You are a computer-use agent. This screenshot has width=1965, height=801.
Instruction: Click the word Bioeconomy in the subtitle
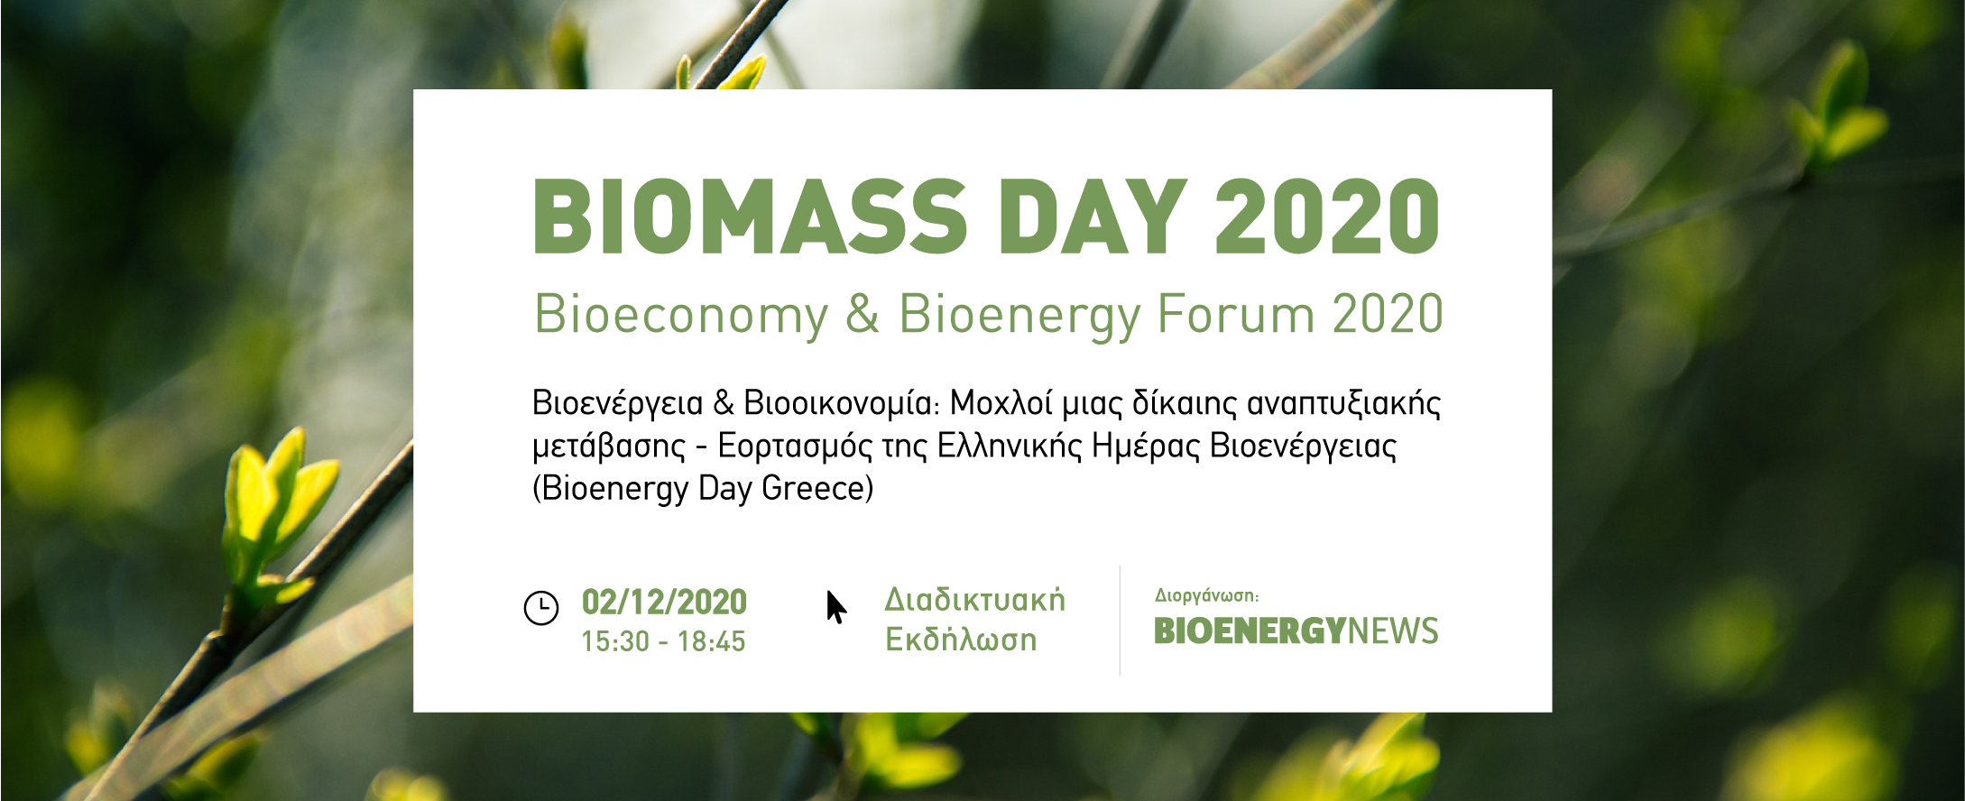[x=681, y=316]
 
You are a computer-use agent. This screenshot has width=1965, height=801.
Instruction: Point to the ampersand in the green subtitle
[x=863, y=314]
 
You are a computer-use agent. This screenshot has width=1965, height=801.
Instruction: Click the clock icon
[x=541, y=608]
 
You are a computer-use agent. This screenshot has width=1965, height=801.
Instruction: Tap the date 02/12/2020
[x=664, y=602]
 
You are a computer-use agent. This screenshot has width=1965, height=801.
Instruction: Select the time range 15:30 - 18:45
[x=663, y=641]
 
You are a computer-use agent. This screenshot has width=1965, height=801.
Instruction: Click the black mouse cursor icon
[x=835, y=607]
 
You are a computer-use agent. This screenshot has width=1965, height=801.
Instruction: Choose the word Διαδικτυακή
[x=974, y=600]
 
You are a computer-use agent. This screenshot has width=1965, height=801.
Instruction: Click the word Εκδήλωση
[x=961, y=640]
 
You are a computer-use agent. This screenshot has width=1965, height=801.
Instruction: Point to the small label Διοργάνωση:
[x=1206, y=595]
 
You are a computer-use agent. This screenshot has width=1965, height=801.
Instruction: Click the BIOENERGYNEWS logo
[x=1296, y=631]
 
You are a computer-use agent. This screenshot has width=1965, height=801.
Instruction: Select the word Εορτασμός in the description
[x=795, y=446]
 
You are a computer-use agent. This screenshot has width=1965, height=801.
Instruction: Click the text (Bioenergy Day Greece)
[x=703, y=488]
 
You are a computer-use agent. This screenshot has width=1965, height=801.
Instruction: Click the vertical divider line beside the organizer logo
[x=1120, y=621]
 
